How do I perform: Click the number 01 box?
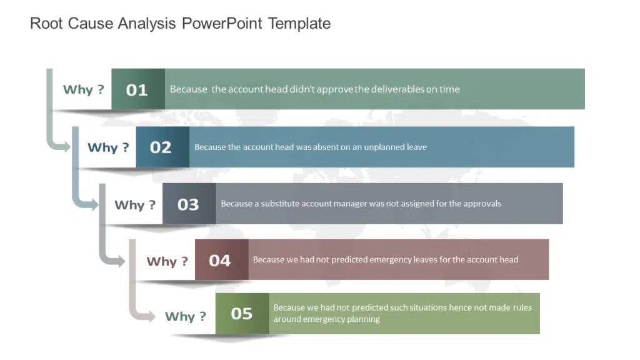coord(138,89)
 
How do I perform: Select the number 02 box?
coord(162,147)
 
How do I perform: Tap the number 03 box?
coord(189,204)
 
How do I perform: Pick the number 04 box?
coord(222,259)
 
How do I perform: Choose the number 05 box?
coord(242,314)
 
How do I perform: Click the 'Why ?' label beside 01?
coord(84,90)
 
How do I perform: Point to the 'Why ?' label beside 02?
coord(108,147)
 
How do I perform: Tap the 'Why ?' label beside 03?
coord(135,205)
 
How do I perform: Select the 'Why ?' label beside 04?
coord(167,261)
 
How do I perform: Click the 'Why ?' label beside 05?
coord(186,316)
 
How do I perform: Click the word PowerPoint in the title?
coord(222,24)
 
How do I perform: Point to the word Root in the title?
coord(46,24)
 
